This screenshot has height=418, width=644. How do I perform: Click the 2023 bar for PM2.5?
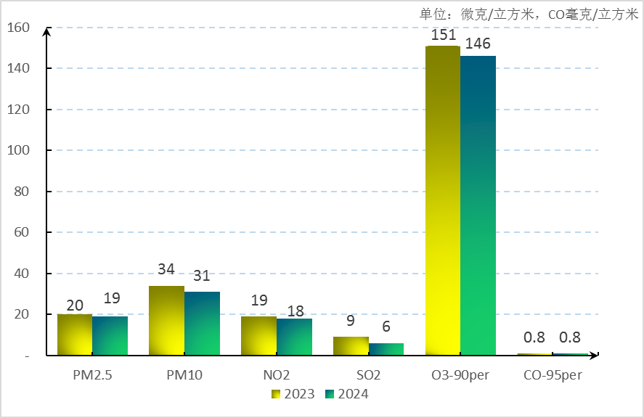(75, 335)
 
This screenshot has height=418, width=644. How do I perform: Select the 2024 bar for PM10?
(202, 324)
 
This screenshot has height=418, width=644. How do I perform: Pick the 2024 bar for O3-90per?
(478, 205)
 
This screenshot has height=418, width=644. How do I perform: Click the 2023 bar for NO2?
(258, 336)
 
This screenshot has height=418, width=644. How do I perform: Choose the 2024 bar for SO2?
(386, 349)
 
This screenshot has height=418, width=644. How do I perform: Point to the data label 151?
(443, 36)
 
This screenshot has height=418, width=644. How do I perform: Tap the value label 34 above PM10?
(166, 269)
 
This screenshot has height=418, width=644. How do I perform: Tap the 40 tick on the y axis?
(21, 274)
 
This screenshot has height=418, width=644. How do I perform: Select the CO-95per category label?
(553, 376)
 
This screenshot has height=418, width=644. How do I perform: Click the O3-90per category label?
(461, 376)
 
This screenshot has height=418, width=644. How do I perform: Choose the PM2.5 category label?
(92, 376)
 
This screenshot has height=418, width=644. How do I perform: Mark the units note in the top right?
(529, 14)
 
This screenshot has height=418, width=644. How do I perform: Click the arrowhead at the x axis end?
(594, 356)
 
